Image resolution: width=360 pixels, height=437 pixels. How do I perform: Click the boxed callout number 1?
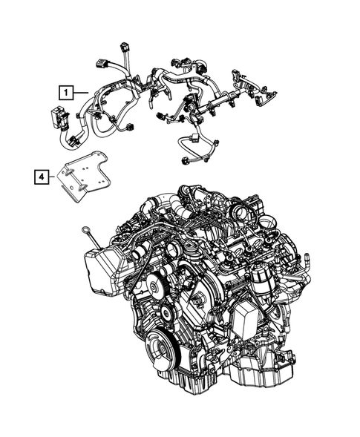coord(67,93)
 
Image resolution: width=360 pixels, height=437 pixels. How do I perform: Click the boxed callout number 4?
coord(42,177)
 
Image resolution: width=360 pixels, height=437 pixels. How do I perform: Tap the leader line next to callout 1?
coord(82,91)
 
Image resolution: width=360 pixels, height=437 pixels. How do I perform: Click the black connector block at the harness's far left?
coord(55,116)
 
